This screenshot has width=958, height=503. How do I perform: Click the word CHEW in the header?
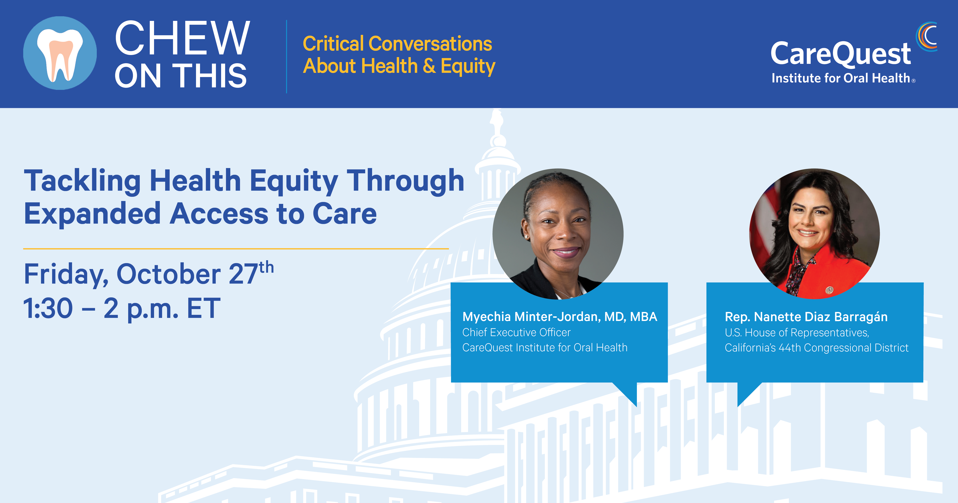182,38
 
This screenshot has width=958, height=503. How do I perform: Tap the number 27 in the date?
244,274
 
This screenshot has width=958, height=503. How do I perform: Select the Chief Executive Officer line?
516,332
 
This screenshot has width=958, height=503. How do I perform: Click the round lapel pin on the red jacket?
829,290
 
